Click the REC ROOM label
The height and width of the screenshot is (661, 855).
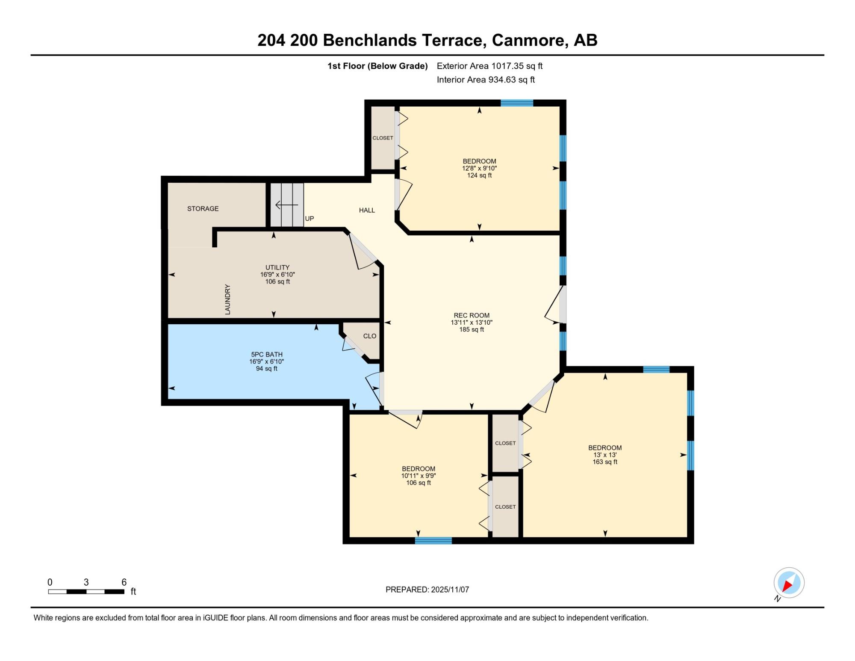[472, 315]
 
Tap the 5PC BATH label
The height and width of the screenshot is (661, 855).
[267, 354]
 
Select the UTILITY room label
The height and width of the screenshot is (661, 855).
[277, 267]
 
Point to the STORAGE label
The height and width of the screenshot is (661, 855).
[203, 208]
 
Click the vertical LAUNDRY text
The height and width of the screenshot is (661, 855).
[227, 299]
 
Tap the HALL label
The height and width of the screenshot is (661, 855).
[367, 210]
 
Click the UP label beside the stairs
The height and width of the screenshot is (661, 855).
[310, 219]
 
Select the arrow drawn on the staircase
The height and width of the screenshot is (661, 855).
[287, 205]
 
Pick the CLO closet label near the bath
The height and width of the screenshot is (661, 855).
[370, 336]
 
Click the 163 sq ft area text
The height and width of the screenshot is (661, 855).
[605, 462]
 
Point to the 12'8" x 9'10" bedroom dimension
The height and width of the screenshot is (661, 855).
[479, 168]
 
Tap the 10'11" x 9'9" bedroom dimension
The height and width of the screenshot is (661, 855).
[419, 476]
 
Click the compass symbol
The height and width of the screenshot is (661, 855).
[789, 583]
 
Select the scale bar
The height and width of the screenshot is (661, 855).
[86, 592]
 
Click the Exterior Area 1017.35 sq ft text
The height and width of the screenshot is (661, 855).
[489, 66]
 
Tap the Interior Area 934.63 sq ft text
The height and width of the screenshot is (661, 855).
[486, 80]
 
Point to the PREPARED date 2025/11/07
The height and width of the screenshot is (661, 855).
[450, 590]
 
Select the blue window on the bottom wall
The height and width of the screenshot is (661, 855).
[433, 540]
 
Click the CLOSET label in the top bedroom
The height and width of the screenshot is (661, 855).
[383, 138]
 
